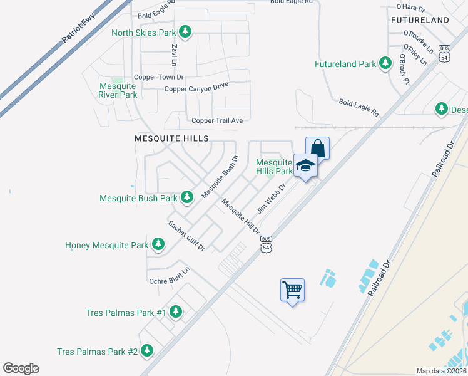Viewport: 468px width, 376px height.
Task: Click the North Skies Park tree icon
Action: [185, 31]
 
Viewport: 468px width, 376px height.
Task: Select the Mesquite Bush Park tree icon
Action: [186, 197]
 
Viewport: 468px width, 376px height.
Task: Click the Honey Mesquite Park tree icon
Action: [158, 244]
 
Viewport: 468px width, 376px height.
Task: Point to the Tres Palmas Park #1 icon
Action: [176, 311]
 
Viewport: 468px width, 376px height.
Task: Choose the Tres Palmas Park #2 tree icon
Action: [147, 351]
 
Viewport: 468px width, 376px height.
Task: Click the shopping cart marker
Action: [292, 290]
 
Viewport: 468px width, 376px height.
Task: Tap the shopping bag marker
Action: [317, 149]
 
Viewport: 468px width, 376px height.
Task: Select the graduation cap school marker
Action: [305, 166]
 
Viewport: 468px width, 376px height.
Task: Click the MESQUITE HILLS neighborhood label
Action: [171, 138]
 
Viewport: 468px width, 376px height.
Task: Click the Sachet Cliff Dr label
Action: [186, 236]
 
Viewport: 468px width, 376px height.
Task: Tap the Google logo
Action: [21, 368]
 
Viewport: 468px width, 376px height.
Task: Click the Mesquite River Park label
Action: [118, 90]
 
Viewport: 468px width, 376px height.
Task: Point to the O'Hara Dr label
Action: [410, 9]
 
